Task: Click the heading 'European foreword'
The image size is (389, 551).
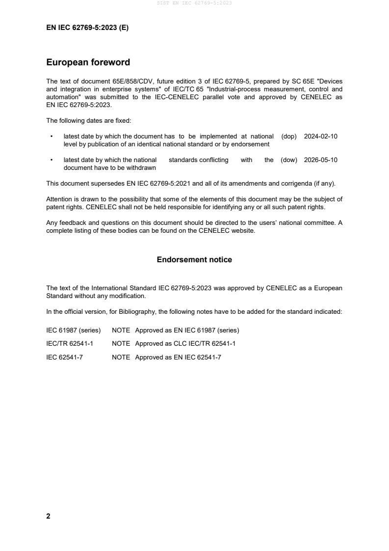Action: pos(88,62)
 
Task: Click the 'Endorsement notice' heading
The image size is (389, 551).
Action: pos(194,259)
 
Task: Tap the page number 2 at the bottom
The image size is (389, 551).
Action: pos(48,516)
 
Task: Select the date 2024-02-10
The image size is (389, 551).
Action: pos(321,137)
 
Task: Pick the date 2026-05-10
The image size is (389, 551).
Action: pos(321,160)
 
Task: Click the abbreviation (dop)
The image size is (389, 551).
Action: pos(289,137)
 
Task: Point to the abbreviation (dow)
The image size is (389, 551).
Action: pos(289,160)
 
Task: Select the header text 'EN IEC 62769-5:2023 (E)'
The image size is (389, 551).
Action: pos(87,28)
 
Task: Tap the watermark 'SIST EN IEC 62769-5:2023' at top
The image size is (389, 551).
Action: pos(194,3)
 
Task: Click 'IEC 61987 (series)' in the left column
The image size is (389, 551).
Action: pos(73,330)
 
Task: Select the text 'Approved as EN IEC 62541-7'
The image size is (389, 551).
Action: pos(178,358)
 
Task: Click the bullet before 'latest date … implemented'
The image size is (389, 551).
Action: pos(52,137)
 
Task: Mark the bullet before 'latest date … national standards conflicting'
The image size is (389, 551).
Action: pos(52,160)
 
